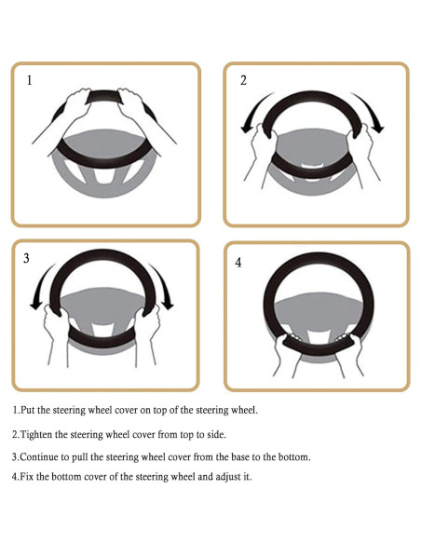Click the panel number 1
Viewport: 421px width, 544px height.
(x=30, y=80)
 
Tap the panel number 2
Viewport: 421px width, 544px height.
(x=243, y=80)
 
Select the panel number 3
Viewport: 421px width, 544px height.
(x=26, y=258)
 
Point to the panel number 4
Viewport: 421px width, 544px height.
(x=238, y=263)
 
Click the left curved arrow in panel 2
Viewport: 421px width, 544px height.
(x=252, y=110)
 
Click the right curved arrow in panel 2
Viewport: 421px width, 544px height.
(x=372, y=110)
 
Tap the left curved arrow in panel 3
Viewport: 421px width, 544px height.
(x=40, y=285)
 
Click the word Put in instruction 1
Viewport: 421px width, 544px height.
(x=28, y=410)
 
